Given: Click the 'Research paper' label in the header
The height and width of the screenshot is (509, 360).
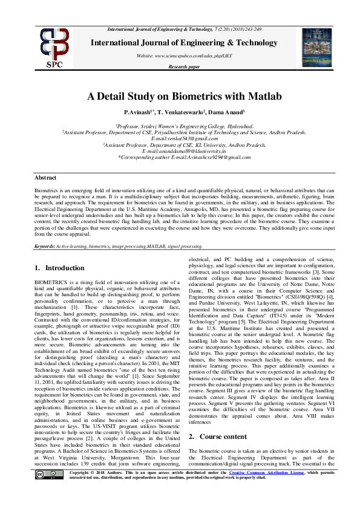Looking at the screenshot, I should (184, 66).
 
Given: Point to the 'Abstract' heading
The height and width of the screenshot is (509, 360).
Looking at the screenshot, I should (45, 178).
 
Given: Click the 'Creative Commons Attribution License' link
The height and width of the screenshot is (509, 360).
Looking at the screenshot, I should (254, 489).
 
